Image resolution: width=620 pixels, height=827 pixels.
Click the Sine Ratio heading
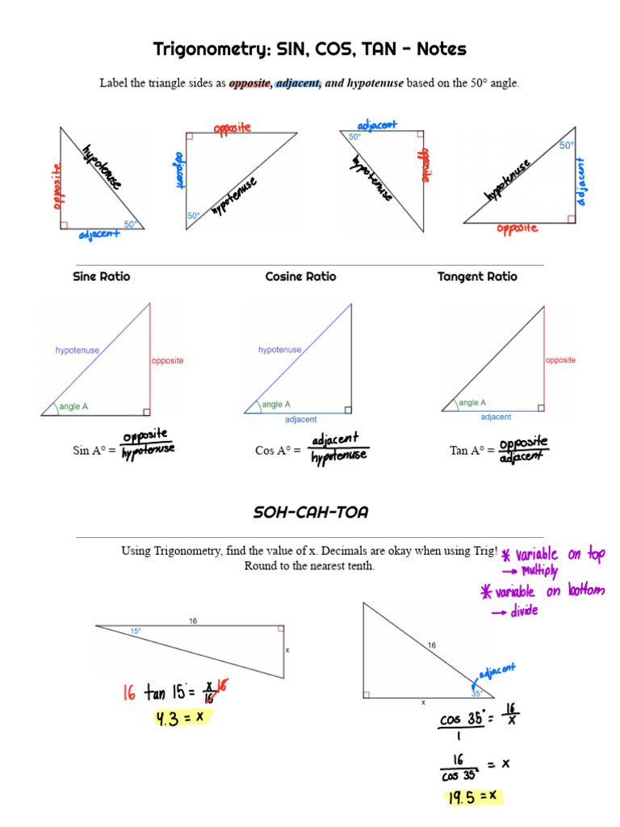[x=101, y=276]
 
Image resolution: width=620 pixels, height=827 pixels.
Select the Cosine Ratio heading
[x=300, y=276]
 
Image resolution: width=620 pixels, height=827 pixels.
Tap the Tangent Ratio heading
[x=477, y=276]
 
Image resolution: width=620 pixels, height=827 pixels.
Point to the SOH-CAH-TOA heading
[x=310, y=513]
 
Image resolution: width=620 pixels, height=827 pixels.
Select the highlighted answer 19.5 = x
[x=472, y=797]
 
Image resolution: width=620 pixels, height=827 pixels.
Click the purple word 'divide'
[x=524, y=611]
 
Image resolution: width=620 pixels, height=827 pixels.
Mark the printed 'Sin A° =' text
[x=94, y=451]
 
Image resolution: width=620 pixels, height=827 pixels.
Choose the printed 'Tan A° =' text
[x=471, y=451]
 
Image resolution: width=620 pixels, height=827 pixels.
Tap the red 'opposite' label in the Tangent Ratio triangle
[x=560, y=360]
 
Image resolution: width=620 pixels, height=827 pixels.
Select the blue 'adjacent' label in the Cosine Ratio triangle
[x=300, y=419]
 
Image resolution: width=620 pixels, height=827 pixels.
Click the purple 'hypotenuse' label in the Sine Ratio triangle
[x=77, y=350]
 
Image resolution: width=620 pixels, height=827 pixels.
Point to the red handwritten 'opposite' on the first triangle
[x=57, y=187]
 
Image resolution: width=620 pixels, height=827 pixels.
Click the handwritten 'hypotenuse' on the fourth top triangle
[x=508, y=180]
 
